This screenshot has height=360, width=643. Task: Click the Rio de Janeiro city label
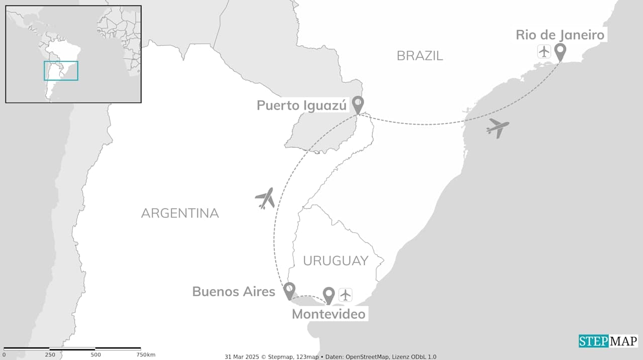point(560,35)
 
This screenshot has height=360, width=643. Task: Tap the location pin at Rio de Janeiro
point(560,51)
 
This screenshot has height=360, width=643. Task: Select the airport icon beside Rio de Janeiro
point(544,51)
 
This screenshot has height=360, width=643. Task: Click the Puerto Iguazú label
point(301,105)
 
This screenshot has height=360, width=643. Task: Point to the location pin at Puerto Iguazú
point(358,104)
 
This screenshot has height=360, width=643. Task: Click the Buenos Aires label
point(234,291)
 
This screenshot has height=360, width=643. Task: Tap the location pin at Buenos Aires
point(289,290)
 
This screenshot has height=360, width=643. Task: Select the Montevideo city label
point(329,314)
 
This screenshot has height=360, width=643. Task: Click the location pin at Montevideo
point(329,295)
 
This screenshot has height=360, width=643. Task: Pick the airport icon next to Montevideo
point(346,295)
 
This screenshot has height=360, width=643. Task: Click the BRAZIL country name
point(420,56)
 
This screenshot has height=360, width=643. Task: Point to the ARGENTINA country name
point(180,213)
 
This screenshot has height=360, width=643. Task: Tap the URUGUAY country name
point(336,261)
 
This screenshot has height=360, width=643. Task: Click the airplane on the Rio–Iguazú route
point(497,128)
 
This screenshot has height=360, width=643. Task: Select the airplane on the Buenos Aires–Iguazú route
point(265,198)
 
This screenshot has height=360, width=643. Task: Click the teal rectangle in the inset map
point(61,71)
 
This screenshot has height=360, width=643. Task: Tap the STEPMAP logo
point(608,341)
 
